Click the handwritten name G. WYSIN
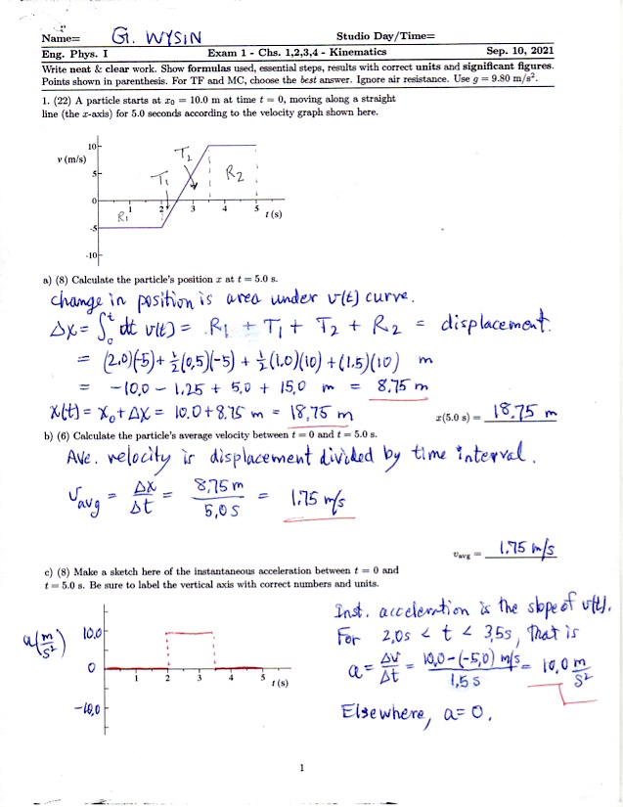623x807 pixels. (x=156, y=37)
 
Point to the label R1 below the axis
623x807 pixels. (x=124, y=217)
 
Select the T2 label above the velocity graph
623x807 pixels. (x=185, y=153)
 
